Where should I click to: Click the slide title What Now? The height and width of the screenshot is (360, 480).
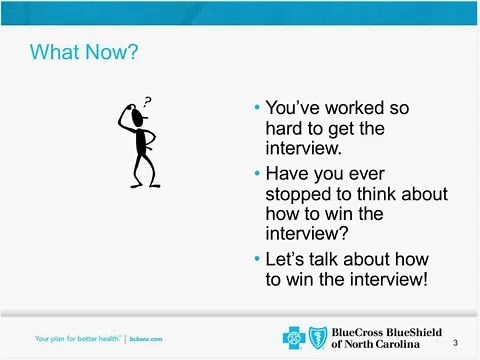(84, 51)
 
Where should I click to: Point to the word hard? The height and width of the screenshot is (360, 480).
(287, 129)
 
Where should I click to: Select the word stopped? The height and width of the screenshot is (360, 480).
(301, 194)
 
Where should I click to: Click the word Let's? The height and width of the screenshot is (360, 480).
(288, 259)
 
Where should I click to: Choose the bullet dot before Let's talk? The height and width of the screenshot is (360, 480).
(258, 259)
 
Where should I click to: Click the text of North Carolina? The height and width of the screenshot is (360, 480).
(380, 345)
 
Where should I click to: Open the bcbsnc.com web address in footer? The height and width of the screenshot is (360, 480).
(146, 339)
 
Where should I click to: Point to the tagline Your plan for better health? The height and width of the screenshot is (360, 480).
(78, 339)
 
